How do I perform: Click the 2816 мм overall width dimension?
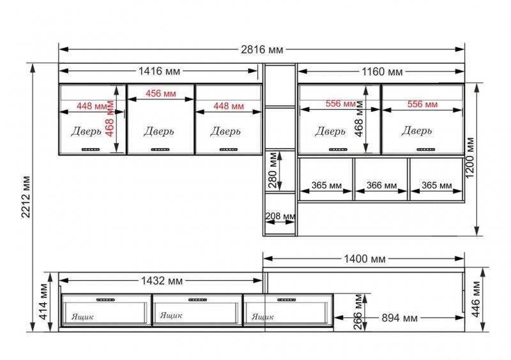(262, 50)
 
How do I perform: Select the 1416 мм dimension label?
(159, 71)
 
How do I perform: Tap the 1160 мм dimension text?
(382, 71)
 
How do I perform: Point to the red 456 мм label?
(161, 93)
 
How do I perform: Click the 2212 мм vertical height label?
(26, 197)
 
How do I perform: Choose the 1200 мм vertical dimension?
(470, 158)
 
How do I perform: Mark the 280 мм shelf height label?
(273, 170)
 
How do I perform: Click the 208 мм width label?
(280, 216)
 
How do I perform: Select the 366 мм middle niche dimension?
(381, 185)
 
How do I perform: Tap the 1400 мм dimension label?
(365, 259)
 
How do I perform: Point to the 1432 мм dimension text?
(162, 280)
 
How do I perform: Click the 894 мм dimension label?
(400, 318)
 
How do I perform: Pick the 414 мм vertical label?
(43, 302)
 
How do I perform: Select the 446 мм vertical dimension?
(476, 299)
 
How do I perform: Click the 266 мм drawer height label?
(358, 311)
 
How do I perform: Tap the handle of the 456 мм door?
(160, 149)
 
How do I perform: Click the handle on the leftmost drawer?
(105, 300)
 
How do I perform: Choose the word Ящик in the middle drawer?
(171, 315)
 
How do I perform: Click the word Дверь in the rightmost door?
(416, 131)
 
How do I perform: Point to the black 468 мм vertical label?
(359, 119)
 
